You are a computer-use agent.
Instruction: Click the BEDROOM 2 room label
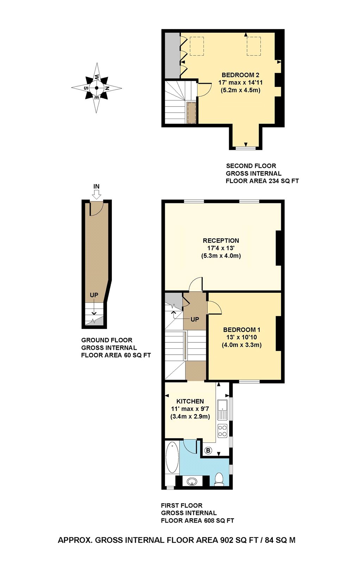241,75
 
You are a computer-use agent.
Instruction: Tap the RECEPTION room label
221,241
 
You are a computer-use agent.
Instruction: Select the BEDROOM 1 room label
242,330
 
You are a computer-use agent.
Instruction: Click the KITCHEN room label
190,401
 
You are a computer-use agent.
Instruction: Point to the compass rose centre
96,88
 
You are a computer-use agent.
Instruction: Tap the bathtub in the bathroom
172,458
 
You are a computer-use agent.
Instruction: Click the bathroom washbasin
192,481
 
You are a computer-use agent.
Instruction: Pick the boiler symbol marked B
208,450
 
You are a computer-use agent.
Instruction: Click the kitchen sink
223,410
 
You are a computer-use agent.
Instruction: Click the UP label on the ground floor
94,295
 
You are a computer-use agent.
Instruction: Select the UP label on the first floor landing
195,319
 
